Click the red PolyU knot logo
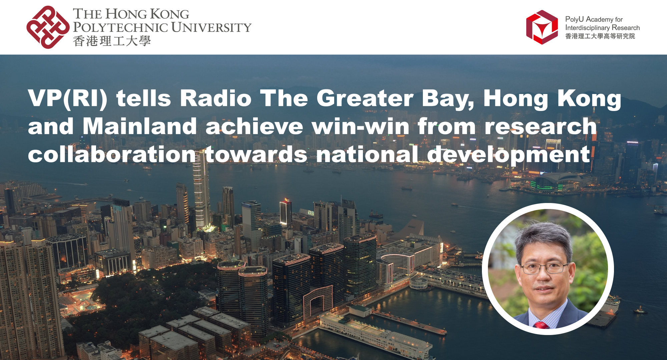click(x=48, y=27)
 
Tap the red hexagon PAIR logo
click(x=542, y=27)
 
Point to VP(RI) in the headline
click(x=68, y=99)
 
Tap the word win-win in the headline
click(x=360, y=127)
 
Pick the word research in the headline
click(x=541, y=127)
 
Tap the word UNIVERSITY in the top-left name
click(x=211, y=27)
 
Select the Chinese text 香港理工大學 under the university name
click(x=112, y=41)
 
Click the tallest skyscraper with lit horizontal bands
click(x=201, y=190)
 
